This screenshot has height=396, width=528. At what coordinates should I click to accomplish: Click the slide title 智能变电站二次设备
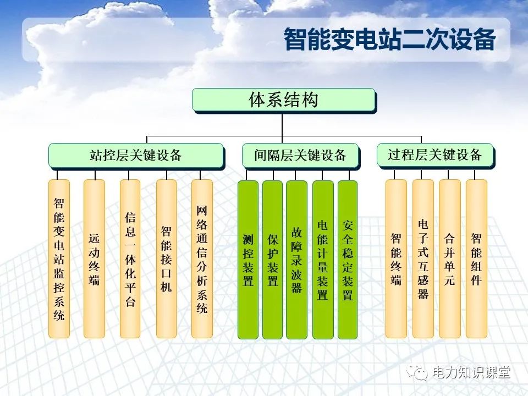pos(389,40)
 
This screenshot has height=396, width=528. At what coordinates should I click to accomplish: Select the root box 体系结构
pos(284,100)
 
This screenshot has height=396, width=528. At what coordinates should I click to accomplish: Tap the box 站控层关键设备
pos(136,156)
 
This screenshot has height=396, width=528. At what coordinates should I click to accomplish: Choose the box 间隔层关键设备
pos(301,156)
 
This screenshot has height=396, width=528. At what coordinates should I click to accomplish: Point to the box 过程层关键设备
pos(436,155)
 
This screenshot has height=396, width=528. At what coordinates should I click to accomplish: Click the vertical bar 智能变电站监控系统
pos(59,258)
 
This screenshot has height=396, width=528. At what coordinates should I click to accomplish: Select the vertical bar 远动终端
pos(94,258)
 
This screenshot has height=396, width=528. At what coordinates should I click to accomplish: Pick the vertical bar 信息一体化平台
pos(130,258)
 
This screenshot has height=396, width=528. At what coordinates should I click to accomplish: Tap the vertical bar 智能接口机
pos(166,258)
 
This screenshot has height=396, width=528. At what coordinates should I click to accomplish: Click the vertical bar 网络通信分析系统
pos(202,258)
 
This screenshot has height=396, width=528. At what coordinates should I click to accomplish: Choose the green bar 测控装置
pos(248,260)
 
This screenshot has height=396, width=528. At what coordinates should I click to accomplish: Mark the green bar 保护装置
pos(272,260)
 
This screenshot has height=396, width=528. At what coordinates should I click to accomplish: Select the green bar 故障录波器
pos(296,260)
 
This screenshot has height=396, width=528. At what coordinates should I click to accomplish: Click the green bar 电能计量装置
pos(323,260)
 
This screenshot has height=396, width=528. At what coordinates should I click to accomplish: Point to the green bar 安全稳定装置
pos(348,260)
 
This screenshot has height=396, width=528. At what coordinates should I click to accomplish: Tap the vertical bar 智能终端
pos(396,258)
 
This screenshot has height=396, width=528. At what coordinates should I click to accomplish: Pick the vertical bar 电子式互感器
pos(423,258)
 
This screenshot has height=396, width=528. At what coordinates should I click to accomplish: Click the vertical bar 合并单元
pos(450,258)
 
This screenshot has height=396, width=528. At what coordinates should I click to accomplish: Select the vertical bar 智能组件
pos(476,258)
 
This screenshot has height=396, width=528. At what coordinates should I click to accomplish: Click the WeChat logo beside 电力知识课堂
pos(417,372)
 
